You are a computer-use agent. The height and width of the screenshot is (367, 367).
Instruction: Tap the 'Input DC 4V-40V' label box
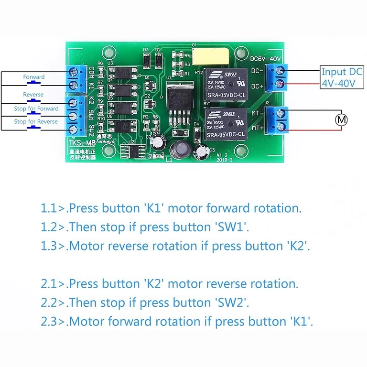tap(341, 77)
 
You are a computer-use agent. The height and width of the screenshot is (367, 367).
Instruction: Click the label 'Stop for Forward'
tap(36, 108)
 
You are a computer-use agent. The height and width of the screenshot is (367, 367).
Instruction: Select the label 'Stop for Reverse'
tap(36, 121)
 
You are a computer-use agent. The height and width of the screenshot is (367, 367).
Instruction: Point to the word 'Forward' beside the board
tap(33, 77)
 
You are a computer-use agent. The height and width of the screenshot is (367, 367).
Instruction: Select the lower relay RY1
tap(226, 124)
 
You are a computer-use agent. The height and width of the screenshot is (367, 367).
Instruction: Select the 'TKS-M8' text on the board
tap(79, 143)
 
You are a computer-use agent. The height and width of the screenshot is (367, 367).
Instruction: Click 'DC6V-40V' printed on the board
tap(266, 59)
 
